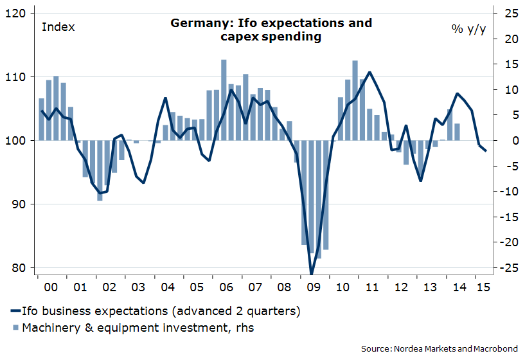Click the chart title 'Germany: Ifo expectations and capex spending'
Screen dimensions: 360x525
[271, 30]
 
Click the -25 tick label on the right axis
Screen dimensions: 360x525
[505, 268]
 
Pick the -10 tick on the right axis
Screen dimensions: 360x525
[505, 192]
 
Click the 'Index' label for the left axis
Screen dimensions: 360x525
[58, 27]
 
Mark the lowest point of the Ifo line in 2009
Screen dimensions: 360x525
[311, 274]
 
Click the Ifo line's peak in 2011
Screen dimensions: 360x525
[369, 72]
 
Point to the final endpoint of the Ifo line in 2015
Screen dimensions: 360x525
[486, 151]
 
